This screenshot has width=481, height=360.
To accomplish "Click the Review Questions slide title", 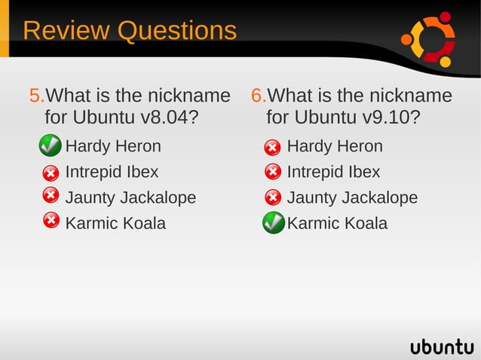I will pyautogui.click(x=130, y=31).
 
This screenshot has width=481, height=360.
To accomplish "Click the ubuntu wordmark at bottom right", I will pyautogui.click(x=442, y=346).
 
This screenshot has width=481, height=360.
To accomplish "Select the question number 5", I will pyautogui.click(x=36, y=96).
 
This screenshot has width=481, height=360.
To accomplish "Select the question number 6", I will pyautogui.click(x=258, y=96).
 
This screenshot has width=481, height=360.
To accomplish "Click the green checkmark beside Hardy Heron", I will pyautogui.click(x=50, y=145).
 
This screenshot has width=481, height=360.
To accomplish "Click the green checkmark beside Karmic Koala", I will pyautogui.click(x=273, y=223).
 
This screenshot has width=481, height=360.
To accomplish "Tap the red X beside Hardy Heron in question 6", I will pyautogui.click(x=273, y=147).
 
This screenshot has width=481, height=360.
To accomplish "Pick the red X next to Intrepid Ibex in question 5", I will pyautogui.click(x=50, y=172).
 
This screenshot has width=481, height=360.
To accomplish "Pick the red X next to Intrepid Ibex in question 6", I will pyautogui.click(x=273, y=172).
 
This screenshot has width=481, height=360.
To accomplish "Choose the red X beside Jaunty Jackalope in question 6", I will pyautogui.click(x=273, y=198).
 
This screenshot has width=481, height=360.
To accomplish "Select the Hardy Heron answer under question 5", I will pyautogui.click(x=113, y=146).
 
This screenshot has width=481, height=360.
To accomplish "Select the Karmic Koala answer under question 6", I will pyautogui.click(x=337, y=224).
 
